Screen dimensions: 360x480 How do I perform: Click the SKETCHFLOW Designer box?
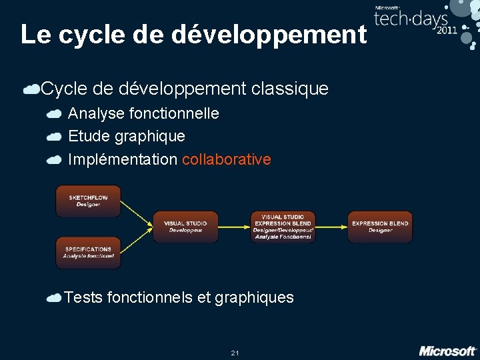coord(88,201)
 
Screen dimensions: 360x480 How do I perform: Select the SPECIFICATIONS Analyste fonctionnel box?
coord(88,253)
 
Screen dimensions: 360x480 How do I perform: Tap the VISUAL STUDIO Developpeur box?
coord(185,227)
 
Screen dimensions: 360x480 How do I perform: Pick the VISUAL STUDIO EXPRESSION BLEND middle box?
coord(283,227)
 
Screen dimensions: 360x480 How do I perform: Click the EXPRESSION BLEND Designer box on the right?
coord(380,227)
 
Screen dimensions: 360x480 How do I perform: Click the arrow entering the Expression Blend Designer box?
coord(331,227)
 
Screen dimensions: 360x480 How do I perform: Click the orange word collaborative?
coord(226,159)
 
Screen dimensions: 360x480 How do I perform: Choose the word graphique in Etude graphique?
coord(150,137)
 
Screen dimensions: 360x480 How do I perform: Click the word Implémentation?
coord(123,159)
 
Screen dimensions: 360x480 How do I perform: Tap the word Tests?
coord(83,297)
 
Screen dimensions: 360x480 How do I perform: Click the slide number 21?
coord(235,352)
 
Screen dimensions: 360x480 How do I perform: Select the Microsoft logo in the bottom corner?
coord(447,350)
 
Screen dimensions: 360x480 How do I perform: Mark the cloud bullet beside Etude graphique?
coord(55,137)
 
